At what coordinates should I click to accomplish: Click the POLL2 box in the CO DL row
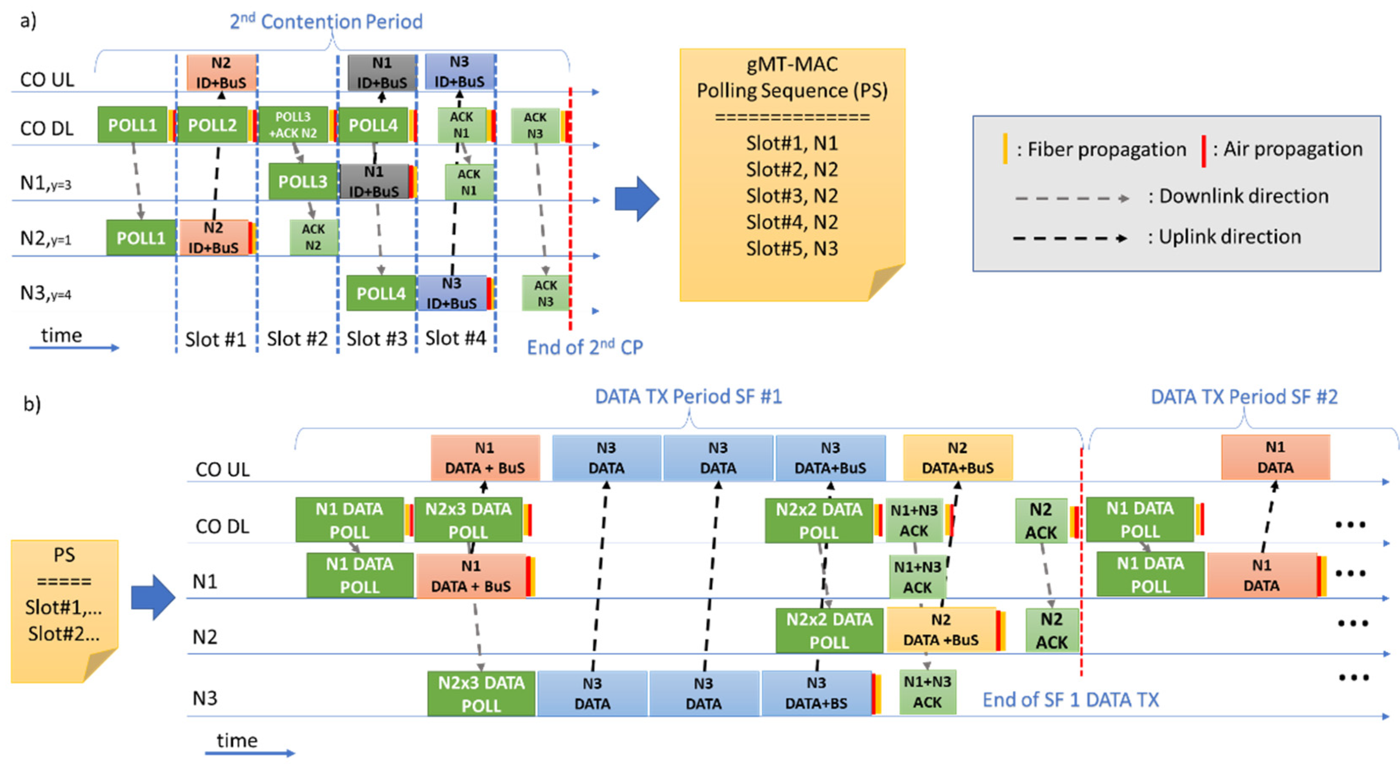point(212,125)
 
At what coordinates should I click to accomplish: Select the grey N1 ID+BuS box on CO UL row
point(382,73)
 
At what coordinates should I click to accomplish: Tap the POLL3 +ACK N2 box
point(293,125)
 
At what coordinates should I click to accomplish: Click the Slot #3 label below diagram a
point(376,339)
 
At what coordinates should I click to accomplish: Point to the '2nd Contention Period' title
point(326,22)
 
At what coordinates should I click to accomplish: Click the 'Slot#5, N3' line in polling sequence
point(792,249)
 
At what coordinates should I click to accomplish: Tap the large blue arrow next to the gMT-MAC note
point(636,199)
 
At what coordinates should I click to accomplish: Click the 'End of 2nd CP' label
point(585,347)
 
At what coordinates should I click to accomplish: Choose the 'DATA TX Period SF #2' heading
point(1244,397)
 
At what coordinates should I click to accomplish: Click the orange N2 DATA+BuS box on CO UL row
point(958,458)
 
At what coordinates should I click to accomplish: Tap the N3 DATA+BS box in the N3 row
point(816,693)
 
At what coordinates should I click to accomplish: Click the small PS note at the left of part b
point(64,608)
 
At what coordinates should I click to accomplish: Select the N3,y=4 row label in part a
point(46,293)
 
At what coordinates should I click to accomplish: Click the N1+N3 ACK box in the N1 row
point(918,577)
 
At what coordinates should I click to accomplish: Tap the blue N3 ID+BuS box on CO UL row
point(459,72)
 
